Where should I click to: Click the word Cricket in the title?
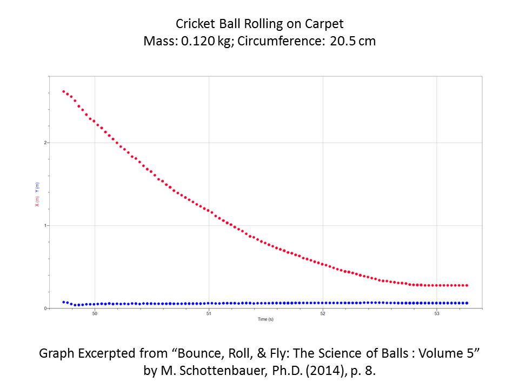(x=193, y=24)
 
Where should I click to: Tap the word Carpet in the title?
(x=328, y=24)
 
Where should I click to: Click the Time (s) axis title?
(x=265, y=320)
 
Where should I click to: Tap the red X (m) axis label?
(x=37, y=201)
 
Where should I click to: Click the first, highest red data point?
(x=64, y=92)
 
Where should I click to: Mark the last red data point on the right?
(x=467, y=285)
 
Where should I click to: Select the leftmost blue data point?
(x=64, y=302)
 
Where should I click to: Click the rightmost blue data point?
(x=467, y=303)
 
